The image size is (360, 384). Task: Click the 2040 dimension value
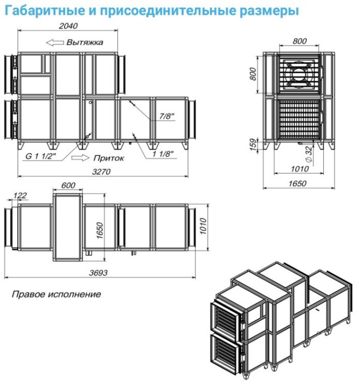point(68,26)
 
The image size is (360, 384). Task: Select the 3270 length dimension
point(101,172)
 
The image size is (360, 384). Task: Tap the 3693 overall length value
point(98,273)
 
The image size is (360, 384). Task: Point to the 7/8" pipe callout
point(167,116)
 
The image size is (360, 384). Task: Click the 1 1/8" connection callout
point(163,154)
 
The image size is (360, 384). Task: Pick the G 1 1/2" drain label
point(41,156)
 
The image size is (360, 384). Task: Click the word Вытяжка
point(84,42)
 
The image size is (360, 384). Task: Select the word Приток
point(108,158)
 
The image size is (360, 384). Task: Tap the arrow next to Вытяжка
point(55,43)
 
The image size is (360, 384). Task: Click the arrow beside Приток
point(80,158)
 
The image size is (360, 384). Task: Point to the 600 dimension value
point(68,185)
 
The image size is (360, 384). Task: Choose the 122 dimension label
point(20,195)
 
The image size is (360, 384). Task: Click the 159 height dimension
point(254,144)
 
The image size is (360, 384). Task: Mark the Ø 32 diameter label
point(309,154)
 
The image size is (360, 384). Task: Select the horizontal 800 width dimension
point(300,41)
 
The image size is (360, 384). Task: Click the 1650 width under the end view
point(297,183)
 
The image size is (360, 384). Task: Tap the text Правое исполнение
point(56,294)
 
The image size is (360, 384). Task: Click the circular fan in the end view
point(299,74)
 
